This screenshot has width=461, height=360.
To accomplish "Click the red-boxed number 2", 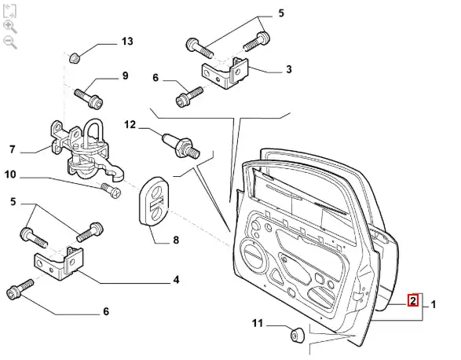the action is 413,300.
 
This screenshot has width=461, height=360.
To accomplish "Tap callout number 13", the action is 127,41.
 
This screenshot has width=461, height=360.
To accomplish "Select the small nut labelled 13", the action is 75,57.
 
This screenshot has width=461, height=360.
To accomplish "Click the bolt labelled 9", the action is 89,98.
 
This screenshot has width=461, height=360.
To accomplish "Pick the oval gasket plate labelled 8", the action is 153,202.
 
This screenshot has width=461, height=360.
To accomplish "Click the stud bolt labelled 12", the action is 181,145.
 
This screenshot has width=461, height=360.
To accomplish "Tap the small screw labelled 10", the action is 111,190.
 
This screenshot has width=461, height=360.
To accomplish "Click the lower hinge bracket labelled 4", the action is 59,263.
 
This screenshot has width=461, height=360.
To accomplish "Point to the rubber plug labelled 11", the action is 298,334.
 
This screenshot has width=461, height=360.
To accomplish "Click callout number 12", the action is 130,125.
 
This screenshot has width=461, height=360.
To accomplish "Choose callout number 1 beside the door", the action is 433,305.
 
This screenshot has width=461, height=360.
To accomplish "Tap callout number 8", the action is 176,241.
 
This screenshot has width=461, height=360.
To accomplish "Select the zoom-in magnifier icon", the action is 10,27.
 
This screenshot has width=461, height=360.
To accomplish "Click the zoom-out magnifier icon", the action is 10,42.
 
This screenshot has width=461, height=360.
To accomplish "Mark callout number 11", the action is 258,324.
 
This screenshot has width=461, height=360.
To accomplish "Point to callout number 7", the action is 12,149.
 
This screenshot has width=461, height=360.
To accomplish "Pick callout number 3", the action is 289,69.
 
